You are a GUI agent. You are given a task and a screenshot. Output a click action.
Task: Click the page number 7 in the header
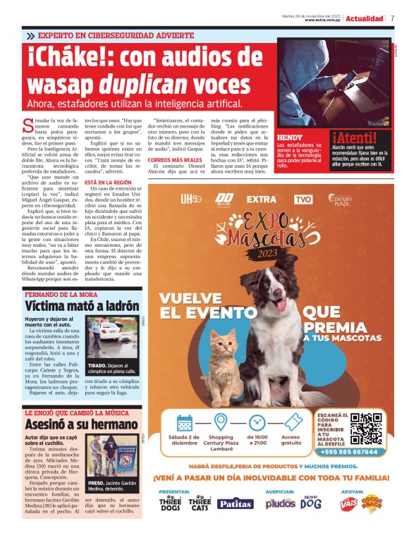[x=392, y=18]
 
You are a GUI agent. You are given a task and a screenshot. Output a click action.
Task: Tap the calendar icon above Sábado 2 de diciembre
[x=185, y=423]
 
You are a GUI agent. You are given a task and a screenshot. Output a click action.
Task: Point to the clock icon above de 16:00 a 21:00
[x=257, y=423]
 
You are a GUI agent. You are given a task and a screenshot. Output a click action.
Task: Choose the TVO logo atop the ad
[x=303, y=199]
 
